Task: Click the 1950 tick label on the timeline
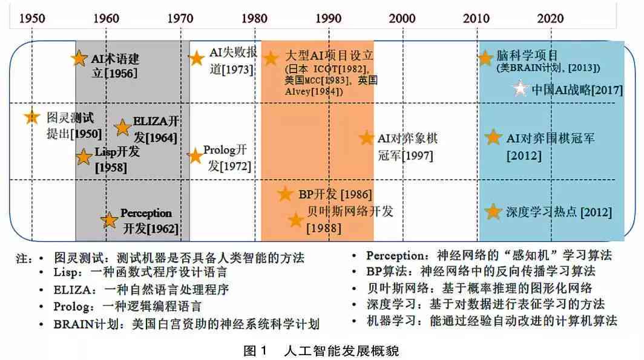point(33,18)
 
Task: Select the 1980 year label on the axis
point(254,18)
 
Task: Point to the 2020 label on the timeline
point(551,18)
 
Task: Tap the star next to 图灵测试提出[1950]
point(32,117)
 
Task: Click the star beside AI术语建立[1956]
point(78,59)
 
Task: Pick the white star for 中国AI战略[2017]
point(519,90)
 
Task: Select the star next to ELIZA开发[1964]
point(123,127)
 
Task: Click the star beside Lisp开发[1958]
point(84,157)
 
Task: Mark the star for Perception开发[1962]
point(109,220)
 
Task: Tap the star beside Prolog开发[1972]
point(195,156)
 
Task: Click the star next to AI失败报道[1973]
point(196,59)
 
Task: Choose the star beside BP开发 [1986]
point(285,194)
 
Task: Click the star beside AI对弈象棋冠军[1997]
point(366,138)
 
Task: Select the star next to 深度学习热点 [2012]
point(494,212)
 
